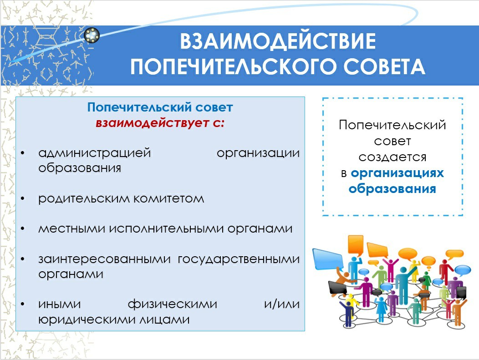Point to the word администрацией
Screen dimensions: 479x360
[x=95, y=153]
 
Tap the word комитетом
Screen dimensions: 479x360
[x=169, y=199]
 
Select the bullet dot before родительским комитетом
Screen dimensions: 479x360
[x=23, y=199]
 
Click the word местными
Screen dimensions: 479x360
[x=72, y=229]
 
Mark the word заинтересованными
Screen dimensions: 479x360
[x=104, y=259]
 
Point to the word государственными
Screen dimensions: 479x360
[x=239, y=259]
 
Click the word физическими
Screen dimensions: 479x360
[x=172, y=304]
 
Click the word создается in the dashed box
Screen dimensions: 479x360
[x=392, y=157]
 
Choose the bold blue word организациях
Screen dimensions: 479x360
[x=397, y=173]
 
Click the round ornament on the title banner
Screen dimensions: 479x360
[x=92, y=35]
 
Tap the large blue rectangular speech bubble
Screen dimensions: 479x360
[x=328, y=259]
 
